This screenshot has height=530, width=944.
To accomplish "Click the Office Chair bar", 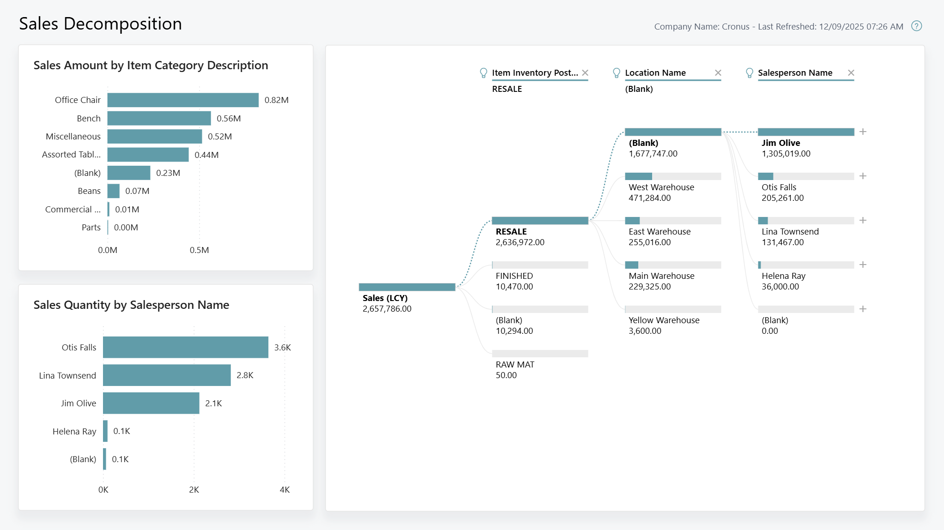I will point(183,100).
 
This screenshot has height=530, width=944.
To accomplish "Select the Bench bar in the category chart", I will point(159,118).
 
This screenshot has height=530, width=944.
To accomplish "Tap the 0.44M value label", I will point(206,155).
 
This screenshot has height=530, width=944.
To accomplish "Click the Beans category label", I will point(89,191).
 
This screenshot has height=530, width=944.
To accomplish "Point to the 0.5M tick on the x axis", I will point(199,250).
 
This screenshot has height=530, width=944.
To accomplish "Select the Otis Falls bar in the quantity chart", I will point(185,347).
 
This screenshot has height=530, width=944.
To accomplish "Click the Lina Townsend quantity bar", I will point(166,375).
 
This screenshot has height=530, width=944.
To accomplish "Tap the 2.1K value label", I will point(213,403).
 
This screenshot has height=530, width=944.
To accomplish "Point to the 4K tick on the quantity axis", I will point(284,489).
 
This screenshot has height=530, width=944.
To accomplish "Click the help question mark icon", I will point(916,26).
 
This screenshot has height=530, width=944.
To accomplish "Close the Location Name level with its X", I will point(718,72).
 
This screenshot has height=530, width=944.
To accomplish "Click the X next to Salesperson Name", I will point(851,72).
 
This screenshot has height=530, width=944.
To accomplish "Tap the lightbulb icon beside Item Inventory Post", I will point(483,73).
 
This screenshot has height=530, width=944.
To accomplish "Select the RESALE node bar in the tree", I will point(539,221).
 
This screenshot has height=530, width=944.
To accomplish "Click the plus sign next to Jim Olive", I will point(862,132).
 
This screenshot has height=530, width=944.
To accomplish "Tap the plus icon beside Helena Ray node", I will point(862,265).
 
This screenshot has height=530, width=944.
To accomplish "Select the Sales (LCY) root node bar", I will point(406,287).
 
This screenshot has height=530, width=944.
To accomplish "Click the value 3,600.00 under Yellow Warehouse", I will point(645,331).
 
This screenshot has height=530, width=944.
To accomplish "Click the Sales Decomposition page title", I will point(100,24).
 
